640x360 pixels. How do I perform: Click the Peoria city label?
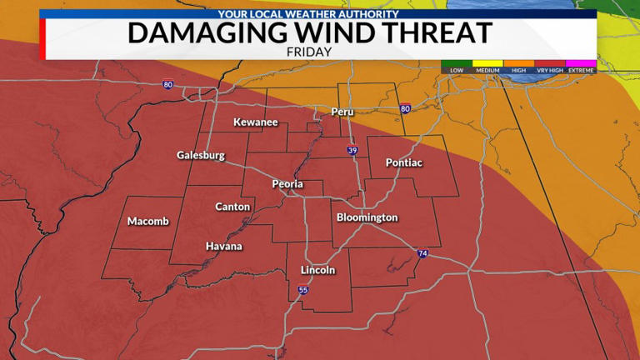[x=287, y=184]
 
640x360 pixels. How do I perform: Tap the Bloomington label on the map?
[x=367, y=217]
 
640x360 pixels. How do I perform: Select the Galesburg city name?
[x=201, y=155]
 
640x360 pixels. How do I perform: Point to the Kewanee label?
[x=255, y=122]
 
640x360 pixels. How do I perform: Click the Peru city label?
[x=342, y=112]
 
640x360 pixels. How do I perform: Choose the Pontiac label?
[x=404, y=162]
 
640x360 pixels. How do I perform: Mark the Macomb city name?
[x=148, y=221]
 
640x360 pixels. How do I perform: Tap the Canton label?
[x=232, y=207]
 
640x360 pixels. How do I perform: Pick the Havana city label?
[x=224, y=246]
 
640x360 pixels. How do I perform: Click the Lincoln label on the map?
[x=317, y=270]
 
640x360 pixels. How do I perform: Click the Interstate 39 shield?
[x=353, y=151]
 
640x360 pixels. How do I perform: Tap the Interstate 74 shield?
[x=422, y=253]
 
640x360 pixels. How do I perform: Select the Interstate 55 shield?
[x=302, y=290]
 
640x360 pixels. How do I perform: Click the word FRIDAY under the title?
[x=309, y=52]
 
